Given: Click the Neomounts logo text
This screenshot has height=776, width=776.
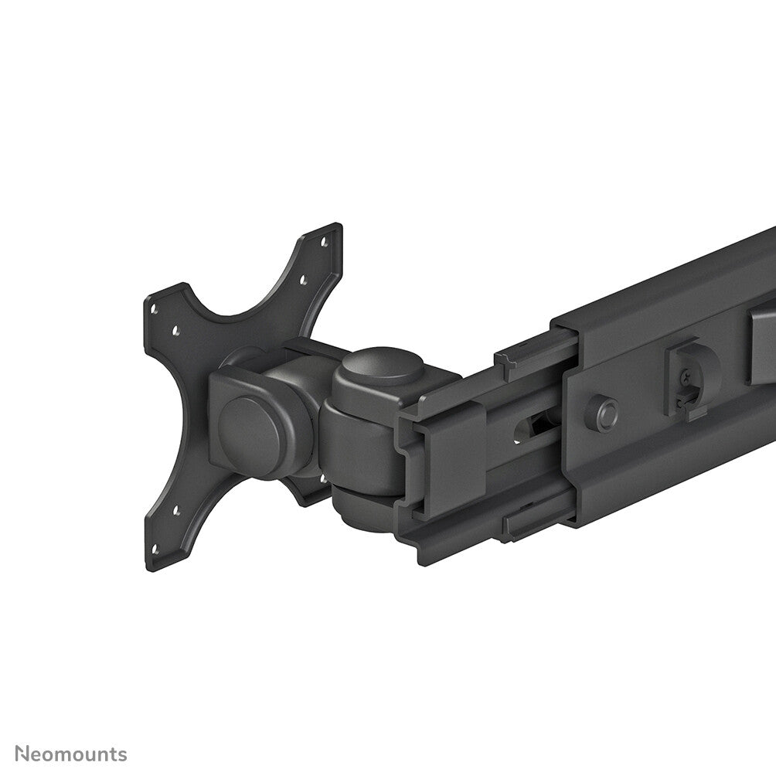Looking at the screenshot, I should click(x=71, y=754).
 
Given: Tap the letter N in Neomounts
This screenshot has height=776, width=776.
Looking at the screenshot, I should click(x=22, y=754).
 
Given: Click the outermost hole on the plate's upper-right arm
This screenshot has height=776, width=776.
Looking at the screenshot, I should click(x=323, y=242).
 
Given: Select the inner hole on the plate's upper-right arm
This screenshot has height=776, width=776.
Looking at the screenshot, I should click(x=304, y=280).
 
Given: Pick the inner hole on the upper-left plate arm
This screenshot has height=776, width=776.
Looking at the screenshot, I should click(x=177, y=330).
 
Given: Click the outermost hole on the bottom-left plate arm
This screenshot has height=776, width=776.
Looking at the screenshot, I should click(x=154, y=549).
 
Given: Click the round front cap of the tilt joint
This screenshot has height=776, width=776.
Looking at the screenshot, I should click(x=249, y=427).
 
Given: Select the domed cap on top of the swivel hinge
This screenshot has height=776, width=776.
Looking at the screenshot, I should click(x=383, y=370).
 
